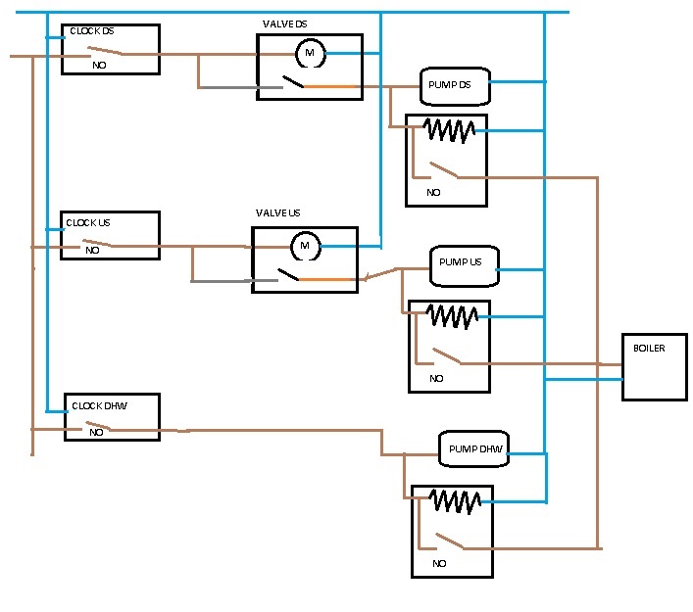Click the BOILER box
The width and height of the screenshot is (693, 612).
point(654,366)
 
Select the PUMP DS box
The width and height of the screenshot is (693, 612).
point(454,85)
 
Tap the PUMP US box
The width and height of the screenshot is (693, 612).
point(464,264)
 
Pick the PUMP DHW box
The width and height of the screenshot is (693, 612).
point(474,449)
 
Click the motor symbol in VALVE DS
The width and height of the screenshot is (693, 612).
point(310,53)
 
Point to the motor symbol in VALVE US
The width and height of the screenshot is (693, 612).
point(305,246)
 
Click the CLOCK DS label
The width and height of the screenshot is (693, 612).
point(91,31)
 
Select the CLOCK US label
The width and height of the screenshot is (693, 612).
point(90,222)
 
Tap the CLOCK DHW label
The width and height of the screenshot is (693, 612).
point(100,405)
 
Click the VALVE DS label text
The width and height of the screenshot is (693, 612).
point(285,23)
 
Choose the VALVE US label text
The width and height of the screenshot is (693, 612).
point(278,212)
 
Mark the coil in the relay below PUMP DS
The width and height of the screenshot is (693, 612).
point(448,129)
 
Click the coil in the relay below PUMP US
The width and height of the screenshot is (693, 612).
point(451,315)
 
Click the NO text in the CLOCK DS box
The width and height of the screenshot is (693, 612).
point(99,66)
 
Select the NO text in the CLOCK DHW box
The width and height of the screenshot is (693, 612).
point(96,432)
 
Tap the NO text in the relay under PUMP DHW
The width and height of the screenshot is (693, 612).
point(439,564)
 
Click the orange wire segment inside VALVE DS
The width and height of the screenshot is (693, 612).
point(330,87)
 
